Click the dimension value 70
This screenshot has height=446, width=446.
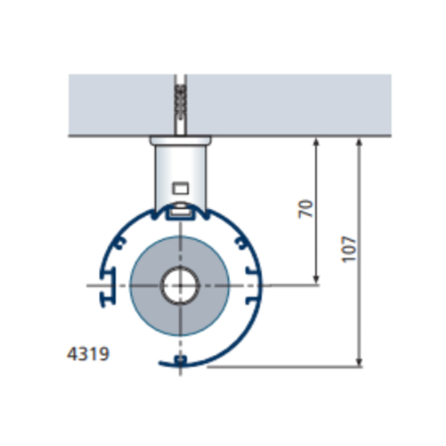click(305, 209)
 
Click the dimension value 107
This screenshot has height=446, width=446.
click(349, 249)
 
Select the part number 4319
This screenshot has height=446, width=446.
click(88, 354)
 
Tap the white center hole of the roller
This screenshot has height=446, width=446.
click(180, 285)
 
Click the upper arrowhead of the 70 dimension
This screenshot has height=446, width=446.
click(316, 142)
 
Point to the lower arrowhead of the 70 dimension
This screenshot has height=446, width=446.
click(316, 279)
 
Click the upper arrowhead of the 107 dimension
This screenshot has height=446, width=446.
click(359, 142)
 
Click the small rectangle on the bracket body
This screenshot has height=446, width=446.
click(180, 188)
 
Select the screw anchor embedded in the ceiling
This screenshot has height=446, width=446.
click(180, 105)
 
